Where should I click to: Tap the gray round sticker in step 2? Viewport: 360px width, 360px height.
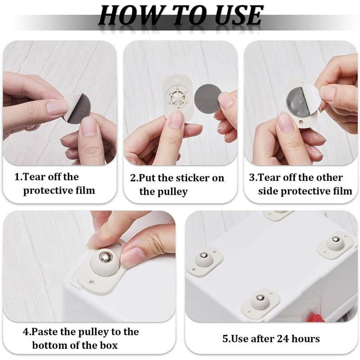coord(207,98)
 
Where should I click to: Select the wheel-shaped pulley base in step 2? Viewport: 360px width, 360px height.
coord(178,98)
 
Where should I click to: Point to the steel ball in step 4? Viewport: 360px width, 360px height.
coord(105,257)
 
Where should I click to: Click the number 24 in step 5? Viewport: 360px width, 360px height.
coord(283,338)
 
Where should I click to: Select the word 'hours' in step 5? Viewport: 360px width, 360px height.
coord(306,338)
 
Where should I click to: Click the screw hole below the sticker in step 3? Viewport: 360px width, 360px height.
coord(301,120)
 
